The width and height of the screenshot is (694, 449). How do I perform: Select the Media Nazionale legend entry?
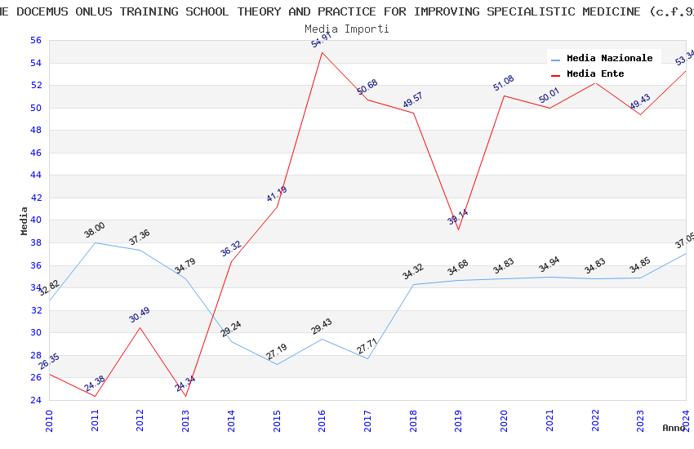tap(609, 59)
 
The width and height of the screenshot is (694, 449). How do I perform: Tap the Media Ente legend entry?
tap(595, 74)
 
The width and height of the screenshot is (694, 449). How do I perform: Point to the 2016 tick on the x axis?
tap(323, 423)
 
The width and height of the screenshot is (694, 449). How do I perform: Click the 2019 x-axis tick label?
tap(459, 423)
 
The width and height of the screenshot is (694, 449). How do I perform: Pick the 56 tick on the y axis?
tap(35, 41)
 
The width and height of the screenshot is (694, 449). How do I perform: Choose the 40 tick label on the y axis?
tap(35, 220)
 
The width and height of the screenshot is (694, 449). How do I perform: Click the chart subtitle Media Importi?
tap(347, 29)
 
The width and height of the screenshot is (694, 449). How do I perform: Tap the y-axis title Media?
tap(24, 220)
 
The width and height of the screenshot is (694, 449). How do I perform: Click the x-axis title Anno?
tap(674, 428)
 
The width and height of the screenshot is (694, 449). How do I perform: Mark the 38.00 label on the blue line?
tap(95, 230)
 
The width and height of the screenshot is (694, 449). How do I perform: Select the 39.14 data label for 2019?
tap(457, 217)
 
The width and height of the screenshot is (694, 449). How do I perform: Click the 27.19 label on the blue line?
tap(277, 351)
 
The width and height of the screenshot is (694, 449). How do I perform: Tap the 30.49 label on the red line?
tap(140, 314)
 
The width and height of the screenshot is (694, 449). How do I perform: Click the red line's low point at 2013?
tap(186, 397)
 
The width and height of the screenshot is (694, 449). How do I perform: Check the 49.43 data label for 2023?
tap(640, 101)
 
